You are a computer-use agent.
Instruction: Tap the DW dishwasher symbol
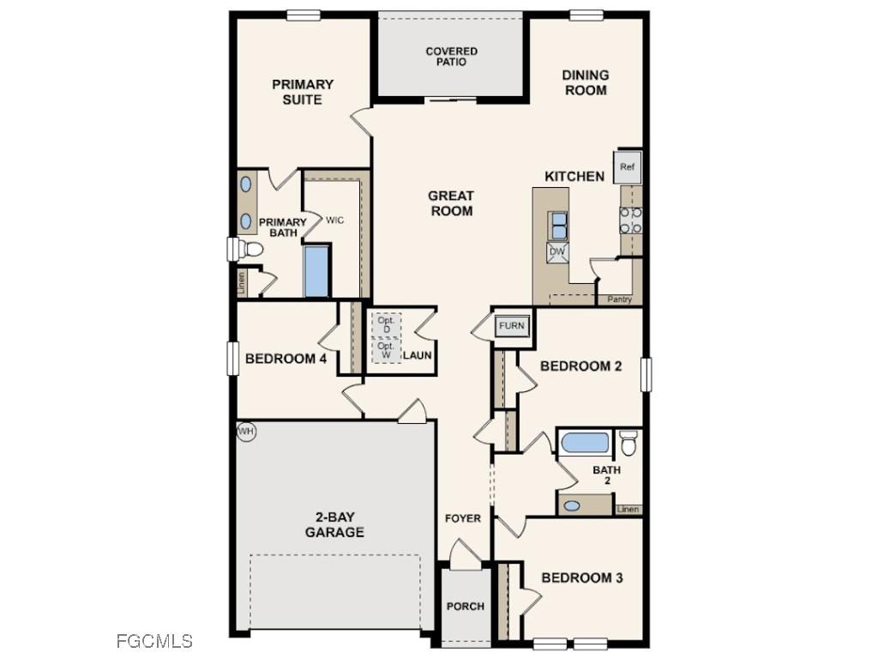pyautogui.click(x=557, y=251)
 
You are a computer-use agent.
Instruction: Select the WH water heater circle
pyautogui.click(x=246, y=432)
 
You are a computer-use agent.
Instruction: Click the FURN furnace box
pyautogui.click(x=512, y=326)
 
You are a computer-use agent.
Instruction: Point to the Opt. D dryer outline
pyautogui.click(x=386, y=325)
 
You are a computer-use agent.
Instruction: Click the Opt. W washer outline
pyautogui.click(x=386, y=350)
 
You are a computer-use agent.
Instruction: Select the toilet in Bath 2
pyautogui.click(x=628, y=443)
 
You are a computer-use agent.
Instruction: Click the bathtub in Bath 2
pyautogui.click(x=585, y=443)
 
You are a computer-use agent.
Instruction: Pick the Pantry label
pyautogui.click(x=619, y=299)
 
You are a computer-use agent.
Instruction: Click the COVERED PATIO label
pyautogui.click(x=451, y=57)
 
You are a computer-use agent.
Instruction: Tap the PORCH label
pyautogui.click(x=466, y=606)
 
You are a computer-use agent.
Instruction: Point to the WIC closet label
pyautogui.click(x=334, y=221)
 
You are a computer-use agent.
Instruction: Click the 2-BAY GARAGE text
pyautogui.click(x=334, y=524)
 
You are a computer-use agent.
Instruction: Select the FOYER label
pyautogui.click(x=462, y=518)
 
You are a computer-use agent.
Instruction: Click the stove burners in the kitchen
pyautogui.click(x=631, y=221)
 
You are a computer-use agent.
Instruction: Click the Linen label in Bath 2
pyautogui.click(x=628, y=509)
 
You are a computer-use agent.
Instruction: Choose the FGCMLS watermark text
pyautogui.click(x=154, y=641)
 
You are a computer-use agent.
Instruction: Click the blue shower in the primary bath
pyautogui.click(x=316, y=270)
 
